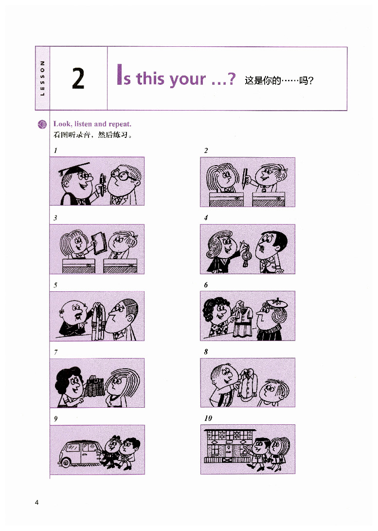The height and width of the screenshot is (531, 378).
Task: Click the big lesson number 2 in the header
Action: [78, 78]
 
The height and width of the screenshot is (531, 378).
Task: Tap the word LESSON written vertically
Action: [42, 78]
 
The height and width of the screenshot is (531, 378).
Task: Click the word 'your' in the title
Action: [187, 79]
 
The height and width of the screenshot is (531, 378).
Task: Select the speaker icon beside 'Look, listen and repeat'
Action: [42, 125]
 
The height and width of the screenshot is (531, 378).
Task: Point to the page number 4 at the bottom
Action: [37, 503]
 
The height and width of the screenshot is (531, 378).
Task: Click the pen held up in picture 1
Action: [102, 185]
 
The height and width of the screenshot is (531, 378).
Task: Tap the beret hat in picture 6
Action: [277, 303]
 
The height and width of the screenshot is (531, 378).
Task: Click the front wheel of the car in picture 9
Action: [65, 461]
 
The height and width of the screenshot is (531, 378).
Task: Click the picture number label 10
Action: [208, 418]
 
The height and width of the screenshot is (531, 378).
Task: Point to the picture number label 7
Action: [55, 352]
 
